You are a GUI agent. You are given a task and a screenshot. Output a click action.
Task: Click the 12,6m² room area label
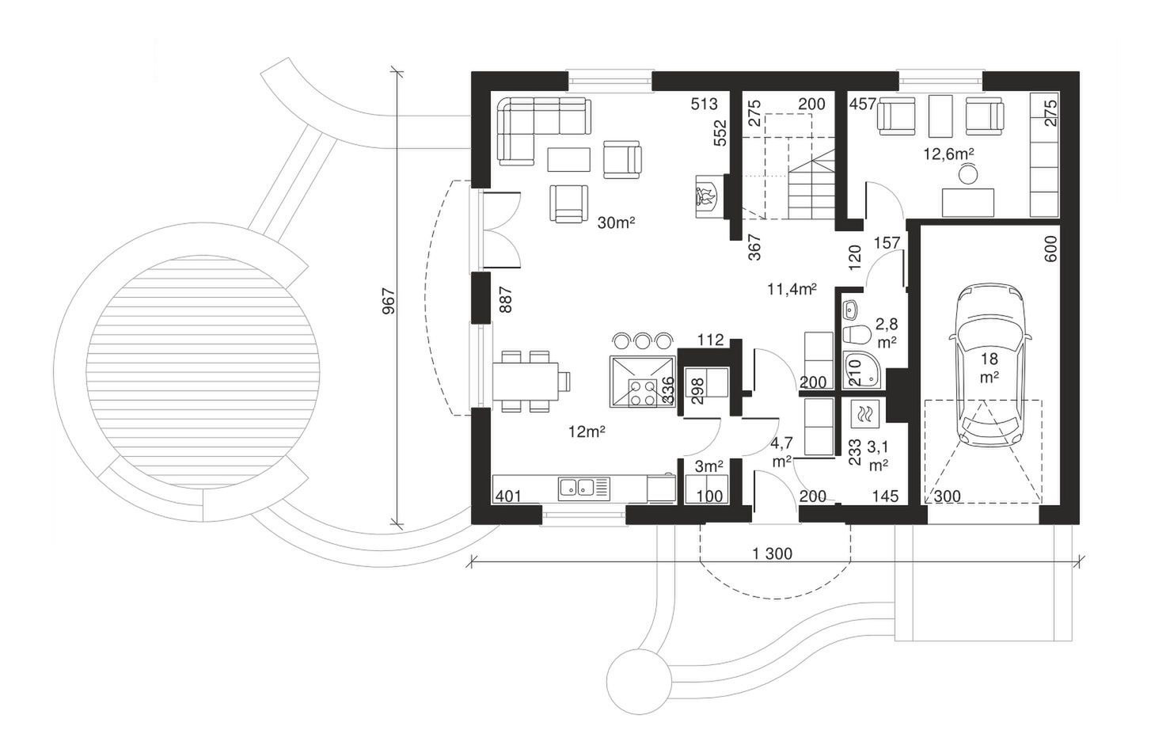click(948, 154)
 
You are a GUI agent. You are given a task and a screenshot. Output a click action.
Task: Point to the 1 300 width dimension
click(773, 553)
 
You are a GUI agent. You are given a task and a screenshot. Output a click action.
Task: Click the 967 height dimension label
click(389, 301)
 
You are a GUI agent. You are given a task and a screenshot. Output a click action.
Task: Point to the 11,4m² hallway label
click(792, 289)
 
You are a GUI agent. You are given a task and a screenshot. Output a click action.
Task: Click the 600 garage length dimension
click(1051, 249)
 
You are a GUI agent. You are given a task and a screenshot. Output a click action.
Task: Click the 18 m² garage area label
click(990, 368)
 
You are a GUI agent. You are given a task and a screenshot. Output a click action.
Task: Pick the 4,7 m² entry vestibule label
click(781, 452)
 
